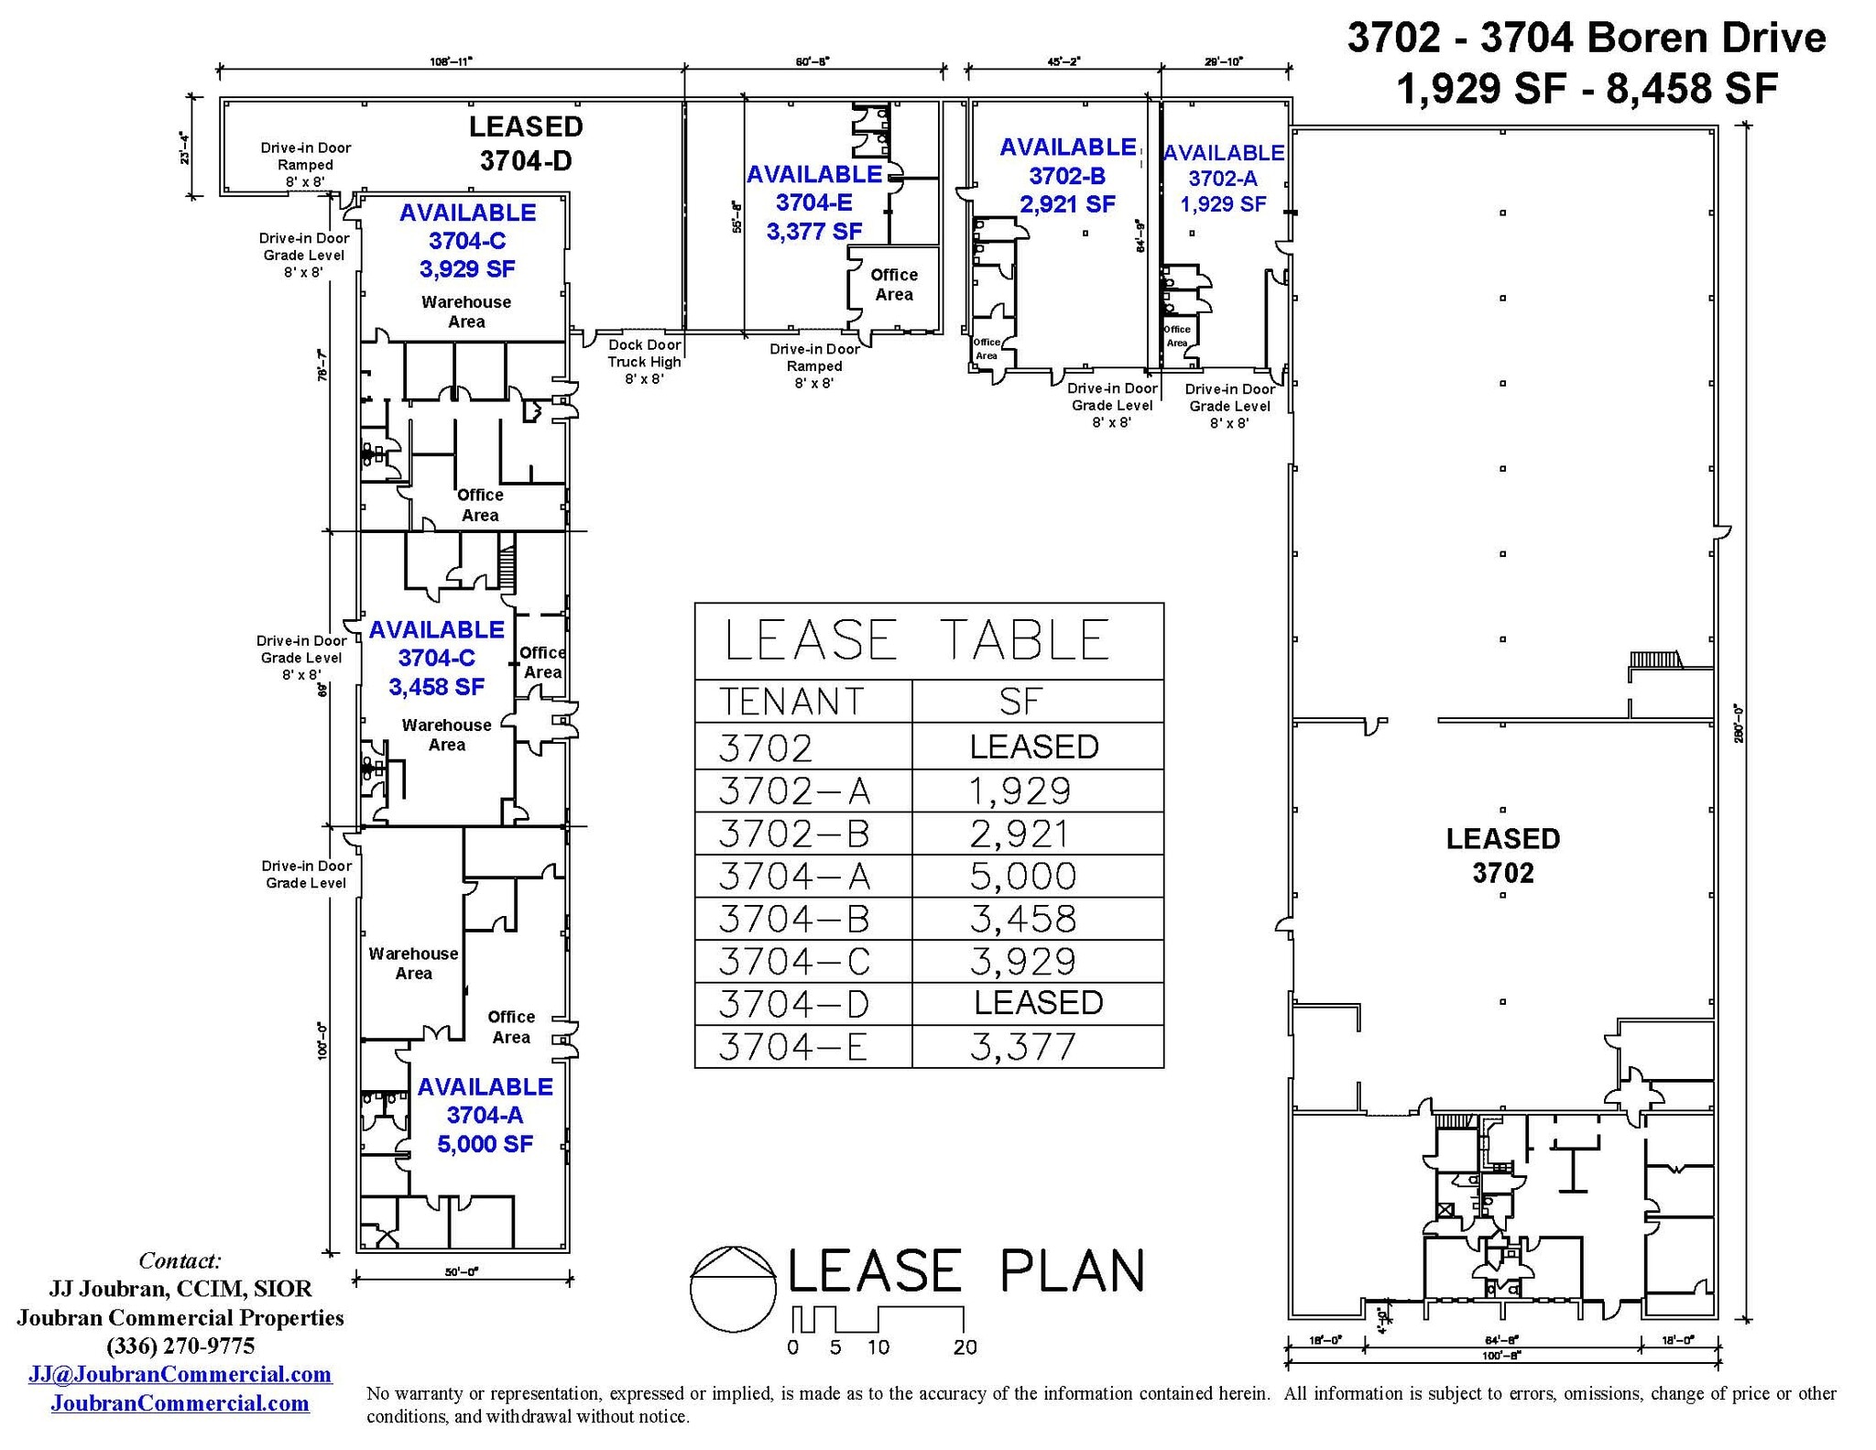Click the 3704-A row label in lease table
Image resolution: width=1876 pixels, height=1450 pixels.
pyautogui.click(x=794, y=877)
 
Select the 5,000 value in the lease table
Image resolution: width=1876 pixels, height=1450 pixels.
pyautogui.click(x=1023, y=877)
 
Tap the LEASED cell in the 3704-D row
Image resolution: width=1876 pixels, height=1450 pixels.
pyautogui.click(x=1038, y=1003)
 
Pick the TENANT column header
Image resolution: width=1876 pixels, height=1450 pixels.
pyautogui.click(x=791, y=702)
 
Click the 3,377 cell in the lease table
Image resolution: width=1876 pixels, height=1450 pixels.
pyautogui.click(x=1023, y=1047)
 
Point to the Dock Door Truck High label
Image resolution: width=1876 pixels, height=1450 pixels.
pyautogui.click(x=644, y=362)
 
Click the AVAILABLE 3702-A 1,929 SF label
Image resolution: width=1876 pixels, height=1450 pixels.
pyautogui.click(x=1223, y=179)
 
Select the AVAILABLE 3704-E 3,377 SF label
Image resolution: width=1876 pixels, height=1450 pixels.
pyautogui.click(x=814, y=202)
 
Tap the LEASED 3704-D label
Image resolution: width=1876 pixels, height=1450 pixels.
pyautogui.click(x=526, y=144)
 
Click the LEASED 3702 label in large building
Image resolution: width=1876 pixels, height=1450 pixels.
pyautogui.click(x=1502, y=856)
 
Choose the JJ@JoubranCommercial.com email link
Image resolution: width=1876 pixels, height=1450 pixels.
pyautogui.click(x=180, y=1374)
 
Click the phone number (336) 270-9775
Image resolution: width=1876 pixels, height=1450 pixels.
pyautogui.click(x=180, y=1346)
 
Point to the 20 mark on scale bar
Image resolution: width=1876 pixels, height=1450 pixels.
pyautogui.click(x=965, y=1347)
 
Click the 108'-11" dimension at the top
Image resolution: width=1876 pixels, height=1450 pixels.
pyautogui.click(x=452, y=61)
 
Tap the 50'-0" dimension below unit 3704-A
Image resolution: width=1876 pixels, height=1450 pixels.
pyautogui.click(x=462, y=1271)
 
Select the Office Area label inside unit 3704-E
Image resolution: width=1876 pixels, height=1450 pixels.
pyautogui.click(x=894, y=285)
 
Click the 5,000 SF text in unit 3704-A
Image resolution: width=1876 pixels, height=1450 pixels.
pyautogui.click(x=485, y=1144)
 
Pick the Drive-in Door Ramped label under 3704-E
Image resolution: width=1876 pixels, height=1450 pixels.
pyautogui.click(x=813, y=365)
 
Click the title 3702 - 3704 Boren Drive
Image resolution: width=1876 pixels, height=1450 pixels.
pyautogui.click(x=1587, y=38)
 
